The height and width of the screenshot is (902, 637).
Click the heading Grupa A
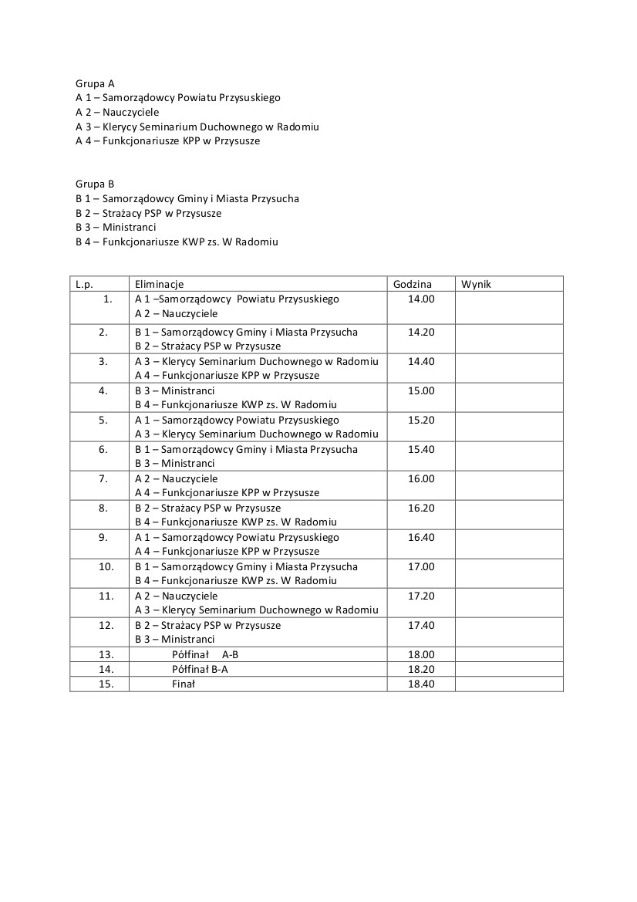point(95,83)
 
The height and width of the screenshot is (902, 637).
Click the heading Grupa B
point(95,184)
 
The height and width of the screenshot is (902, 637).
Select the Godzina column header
point(413,284)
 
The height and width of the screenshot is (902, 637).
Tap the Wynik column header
point(476,284)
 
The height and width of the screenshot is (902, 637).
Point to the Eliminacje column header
point(159,284)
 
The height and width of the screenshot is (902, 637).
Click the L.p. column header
point(84,284)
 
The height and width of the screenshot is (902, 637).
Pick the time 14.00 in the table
point(421,299)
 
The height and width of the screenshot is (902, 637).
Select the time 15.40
point(421,449)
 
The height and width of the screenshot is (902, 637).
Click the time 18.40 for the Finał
point(421,684)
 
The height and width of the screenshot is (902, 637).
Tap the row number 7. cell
point(103,478)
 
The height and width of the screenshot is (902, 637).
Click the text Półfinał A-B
point(205,654)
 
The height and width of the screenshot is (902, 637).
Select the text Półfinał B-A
point(200,669)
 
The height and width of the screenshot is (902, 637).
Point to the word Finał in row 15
point(184,684)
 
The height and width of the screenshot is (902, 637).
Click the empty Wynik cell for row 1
point(509,306)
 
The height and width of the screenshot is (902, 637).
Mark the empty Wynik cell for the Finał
point(509,684)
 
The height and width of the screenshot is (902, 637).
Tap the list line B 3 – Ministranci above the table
point(116,228)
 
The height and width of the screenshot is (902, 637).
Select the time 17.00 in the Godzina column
point(421,566)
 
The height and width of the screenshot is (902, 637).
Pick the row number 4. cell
point(103,390)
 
